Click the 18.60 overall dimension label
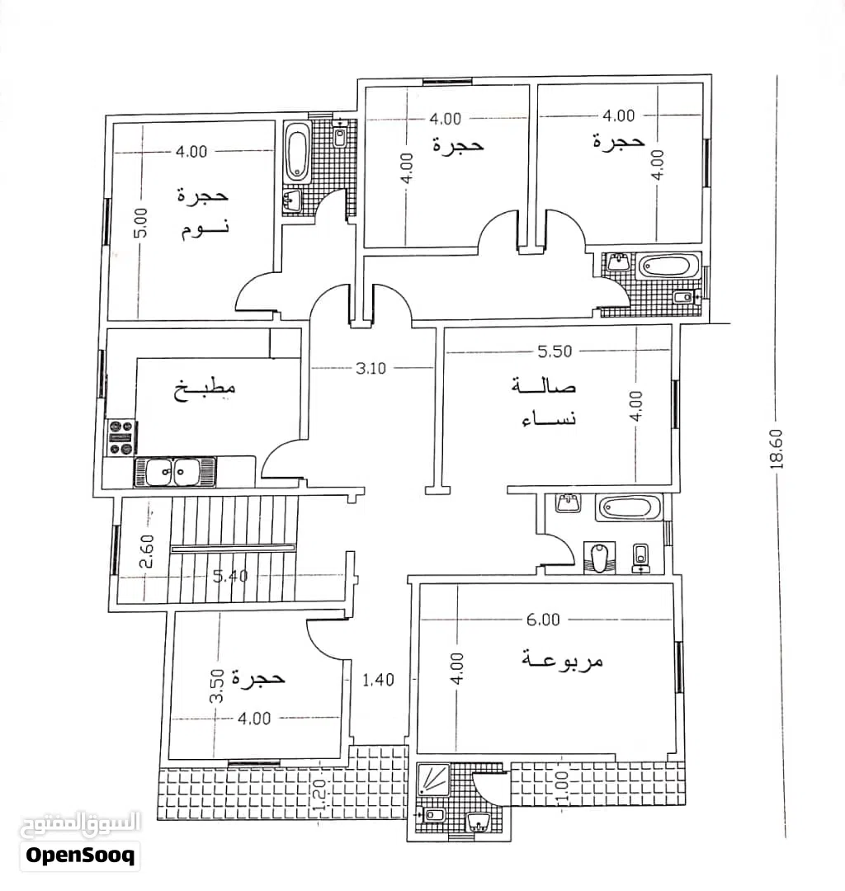[777, 448]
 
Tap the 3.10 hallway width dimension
[371, 368]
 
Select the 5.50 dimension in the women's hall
[555, 351]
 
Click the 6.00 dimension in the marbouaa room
[543, 620]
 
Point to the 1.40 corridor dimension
[379, 680]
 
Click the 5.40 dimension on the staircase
[230, 576]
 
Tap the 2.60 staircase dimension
[146, 551]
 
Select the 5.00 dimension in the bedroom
[141, 223]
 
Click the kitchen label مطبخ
[205, 390]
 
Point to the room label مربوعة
[562, 659]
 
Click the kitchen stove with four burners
[121, 437]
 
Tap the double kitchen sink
[175, 472]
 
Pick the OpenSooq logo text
[80, 856]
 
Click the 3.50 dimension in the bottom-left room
[216, 685]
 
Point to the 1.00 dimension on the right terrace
[561, 786]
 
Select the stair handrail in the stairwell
[234, 549]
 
